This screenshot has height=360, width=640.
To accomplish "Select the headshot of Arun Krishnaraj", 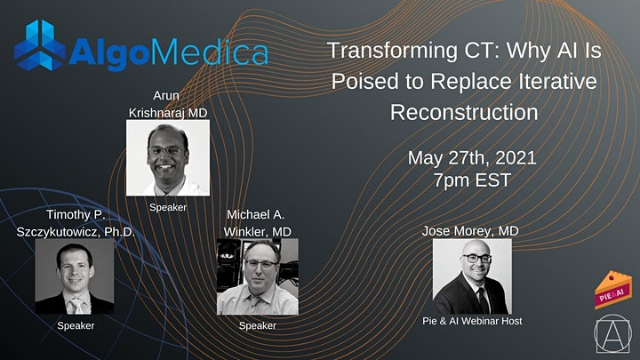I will pyautogui.click(x=168, y=157).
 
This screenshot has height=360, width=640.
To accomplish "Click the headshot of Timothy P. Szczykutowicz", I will pyautogui.click(x=75, y=276).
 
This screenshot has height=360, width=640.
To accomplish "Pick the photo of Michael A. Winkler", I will pyautogui.click(x=258, y=276).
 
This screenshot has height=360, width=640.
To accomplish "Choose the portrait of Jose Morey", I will pyautogui.click(x=471, y=276).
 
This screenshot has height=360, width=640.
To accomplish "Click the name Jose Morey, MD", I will pyautogui.click(x=471, y=231).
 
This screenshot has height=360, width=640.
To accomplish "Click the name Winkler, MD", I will pyautogui.click(x=258, y=231).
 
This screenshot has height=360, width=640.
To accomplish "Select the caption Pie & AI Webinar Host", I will pyautogui.click(x=471, y=321).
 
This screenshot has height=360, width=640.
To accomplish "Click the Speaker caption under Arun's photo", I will pyautogui.click(x=168, y=206).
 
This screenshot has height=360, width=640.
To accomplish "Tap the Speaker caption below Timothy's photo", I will pyautogui.click(x=75, y=325).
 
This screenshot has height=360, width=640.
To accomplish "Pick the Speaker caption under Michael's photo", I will pyautogui.click(x=258, y=325).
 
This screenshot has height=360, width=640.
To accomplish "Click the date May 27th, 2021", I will pyautogui.click(x=473, y=159).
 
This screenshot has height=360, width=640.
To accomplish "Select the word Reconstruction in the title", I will pyautogui.click(x=463, y=113).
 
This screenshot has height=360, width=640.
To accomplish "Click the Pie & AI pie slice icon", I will pyautogui.click(x=612, y=290).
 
